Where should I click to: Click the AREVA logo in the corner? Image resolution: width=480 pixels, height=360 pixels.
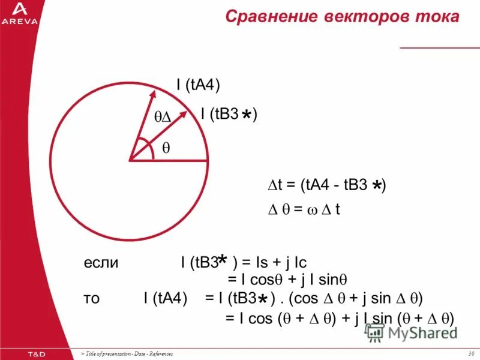click(19, 13)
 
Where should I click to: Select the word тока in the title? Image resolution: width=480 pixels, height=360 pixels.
click(434, 17)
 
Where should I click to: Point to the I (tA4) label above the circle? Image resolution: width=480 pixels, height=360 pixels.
click(198, 85)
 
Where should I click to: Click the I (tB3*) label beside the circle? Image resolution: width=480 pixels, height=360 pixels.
click(229, 114)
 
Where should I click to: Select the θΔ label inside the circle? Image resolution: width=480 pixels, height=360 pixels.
click(163, 119)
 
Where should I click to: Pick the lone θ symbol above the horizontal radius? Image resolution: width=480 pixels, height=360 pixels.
click(166, 146)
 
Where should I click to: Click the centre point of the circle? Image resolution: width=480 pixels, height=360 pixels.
click(129, 160)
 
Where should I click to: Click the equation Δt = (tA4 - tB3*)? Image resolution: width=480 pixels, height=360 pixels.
click(326, 186)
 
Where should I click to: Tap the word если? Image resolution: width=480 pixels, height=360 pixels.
click(101, 263)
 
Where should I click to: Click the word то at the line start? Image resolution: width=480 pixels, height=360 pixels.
click(92, 298)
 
